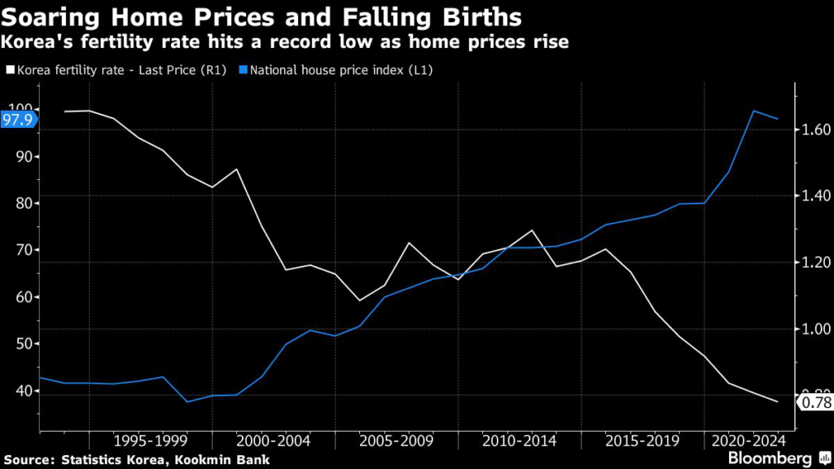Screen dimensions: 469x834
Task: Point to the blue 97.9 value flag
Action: click(x=17, y=121)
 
